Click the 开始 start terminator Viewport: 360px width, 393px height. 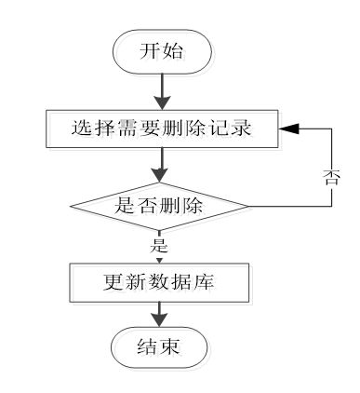pyautogui.click(x=163, y=51)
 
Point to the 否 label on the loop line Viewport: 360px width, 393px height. pyautogui.click(x=332, y=177)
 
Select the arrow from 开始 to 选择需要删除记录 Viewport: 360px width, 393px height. pyautogui.click(x=163, y=91)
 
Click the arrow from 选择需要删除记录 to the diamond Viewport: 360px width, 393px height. pyautogui.click(x=163, y=166)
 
